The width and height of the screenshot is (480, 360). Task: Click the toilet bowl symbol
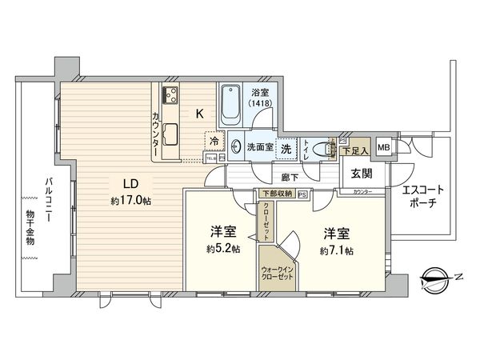pos(322,149)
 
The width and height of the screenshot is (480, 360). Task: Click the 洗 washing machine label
pos(286,148)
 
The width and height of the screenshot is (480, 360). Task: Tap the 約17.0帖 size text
pos(131,200)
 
